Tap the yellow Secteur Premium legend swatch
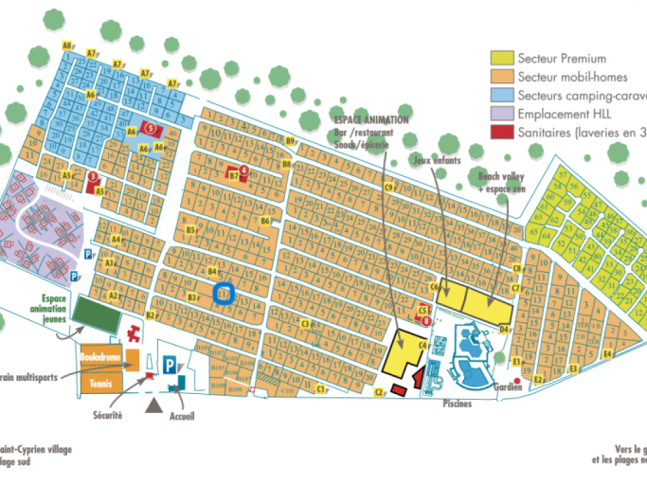502,59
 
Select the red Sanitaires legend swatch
502,134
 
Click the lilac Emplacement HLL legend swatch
502,115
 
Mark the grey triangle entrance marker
153,404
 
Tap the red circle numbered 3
92,175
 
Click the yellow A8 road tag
67,45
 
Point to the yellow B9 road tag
290,141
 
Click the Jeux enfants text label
437,162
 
